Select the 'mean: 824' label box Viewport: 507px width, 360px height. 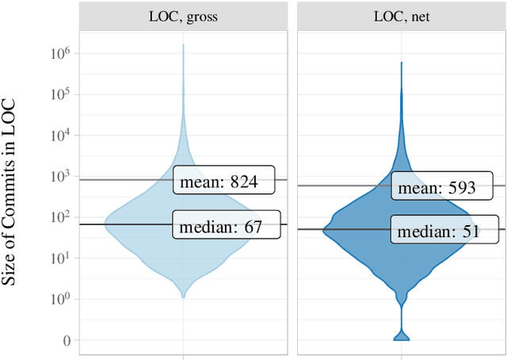pyautogui.click(x=223, y=180)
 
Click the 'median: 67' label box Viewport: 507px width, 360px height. pyautogui.click(x=227, y=225)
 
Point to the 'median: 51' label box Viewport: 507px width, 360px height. pyautogui.click(x=438, y=231)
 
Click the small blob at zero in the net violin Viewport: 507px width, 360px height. pyautogui.click(x=401, y=335)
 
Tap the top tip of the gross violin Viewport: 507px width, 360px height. pyautogui.click(x=184, y=45)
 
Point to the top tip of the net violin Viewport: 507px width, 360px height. pyautogui.click(x=401, y=63)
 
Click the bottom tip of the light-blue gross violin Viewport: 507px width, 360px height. pyautogui.click(x=184, y=297)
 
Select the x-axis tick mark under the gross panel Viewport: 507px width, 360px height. pyautogui.click(x=184, y=356)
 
